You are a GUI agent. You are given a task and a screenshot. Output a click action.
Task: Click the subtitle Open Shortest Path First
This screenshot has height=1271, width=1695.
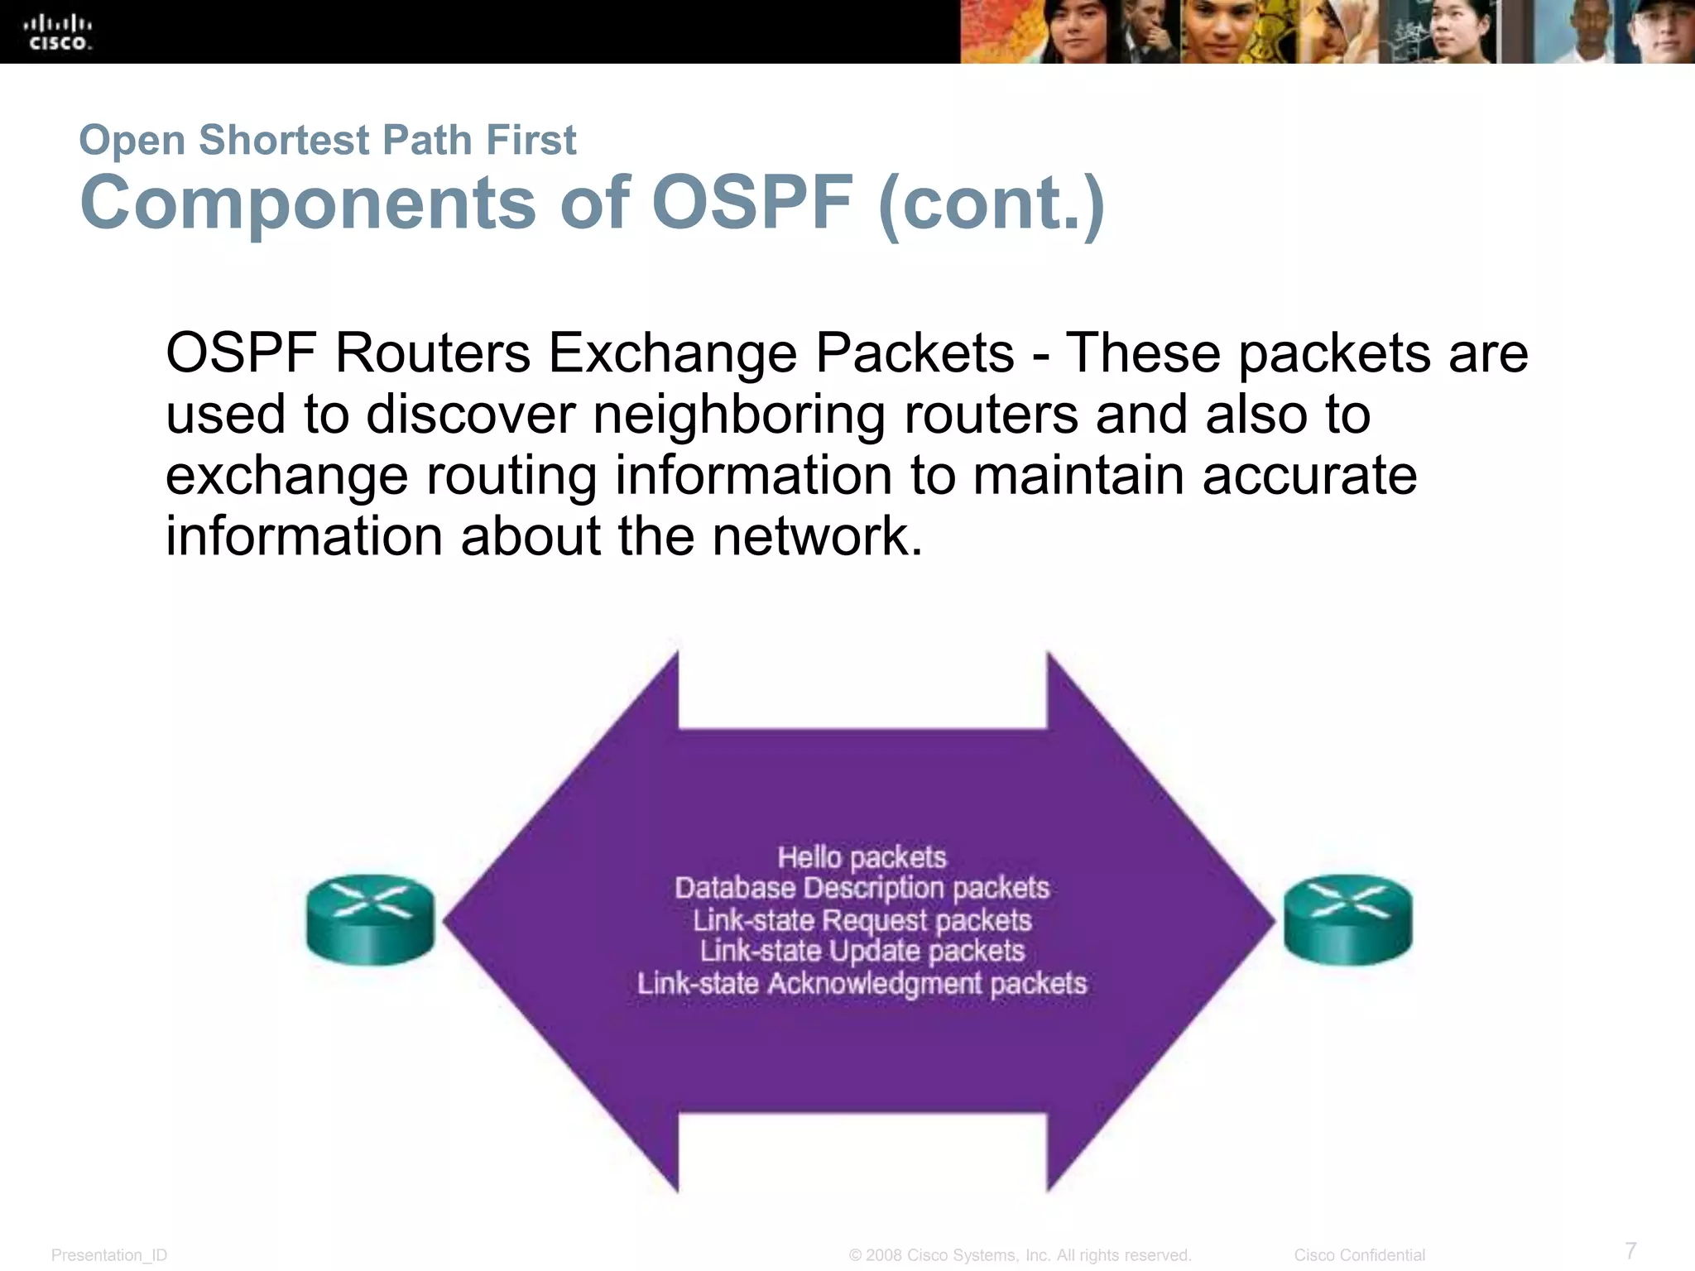pos(327,139)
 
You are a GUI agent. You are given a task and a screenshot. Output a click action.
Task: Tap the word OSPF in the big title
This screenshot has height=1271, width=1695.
pos(751,203)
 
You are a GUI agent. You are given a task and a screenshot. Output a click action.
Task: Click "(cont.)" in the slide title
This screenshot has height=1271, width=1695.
pos(991,204)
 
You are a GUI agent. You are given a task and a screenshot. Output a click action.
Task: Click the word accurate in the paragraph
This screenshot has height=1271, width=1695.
pos(1309,476)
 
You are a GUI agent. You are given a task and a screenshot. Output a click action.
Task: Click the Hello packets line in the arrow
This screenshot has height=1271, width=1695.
pos(862,857)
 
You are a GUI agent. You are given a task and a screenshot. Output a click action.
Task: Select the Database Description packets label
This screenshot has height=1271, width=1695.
pos(862,888)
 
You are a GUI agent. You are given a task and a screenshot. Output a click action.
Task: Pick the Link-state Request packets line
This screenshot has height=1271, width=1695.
pos(862,920)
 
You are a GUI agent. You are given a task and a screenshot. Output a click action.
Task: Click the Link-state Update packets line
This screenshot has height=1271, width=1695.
pos(862,951)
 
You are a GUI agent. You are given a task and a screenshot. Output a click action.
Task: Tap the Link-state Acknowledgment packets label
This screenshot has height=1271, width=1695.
pos(862,983)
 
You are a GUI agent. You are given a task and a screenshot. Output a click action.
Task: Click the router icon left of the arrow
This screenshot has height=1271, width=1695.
pos(370,919)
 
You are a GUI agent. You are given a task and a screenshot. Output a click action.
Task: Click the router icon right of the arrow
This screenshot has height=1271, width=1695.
pos(1347,919)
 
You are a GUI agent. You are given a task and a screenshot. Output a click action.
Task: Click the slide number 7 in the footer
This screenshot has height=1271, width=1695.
pos(1630,1249)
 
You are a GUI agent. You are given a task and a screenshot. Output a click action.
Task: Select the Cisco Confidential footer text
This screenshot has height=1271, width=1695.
pos(1359,1255)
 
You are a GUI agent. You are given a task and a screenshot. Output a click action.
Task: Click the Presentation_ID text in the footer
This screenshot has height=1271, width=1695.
pos(109,1255)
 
